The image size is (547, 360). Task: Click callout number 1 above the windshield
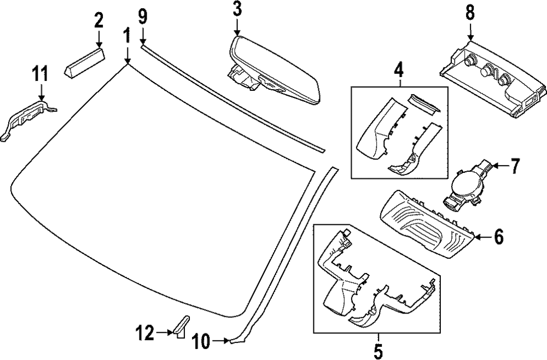click(126, 37)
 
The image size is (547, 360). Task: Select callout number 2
click(98, 21)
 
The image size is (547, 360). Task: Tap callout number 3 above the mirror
click(237, 9)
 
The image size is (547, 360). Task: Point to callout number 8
click(470, 12)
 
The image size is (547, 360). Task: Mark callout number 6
click(498, 236)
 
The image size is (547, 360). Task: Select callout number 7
click(515, 165)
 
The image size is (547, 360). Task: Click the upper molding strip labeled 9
click(230, 98)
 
